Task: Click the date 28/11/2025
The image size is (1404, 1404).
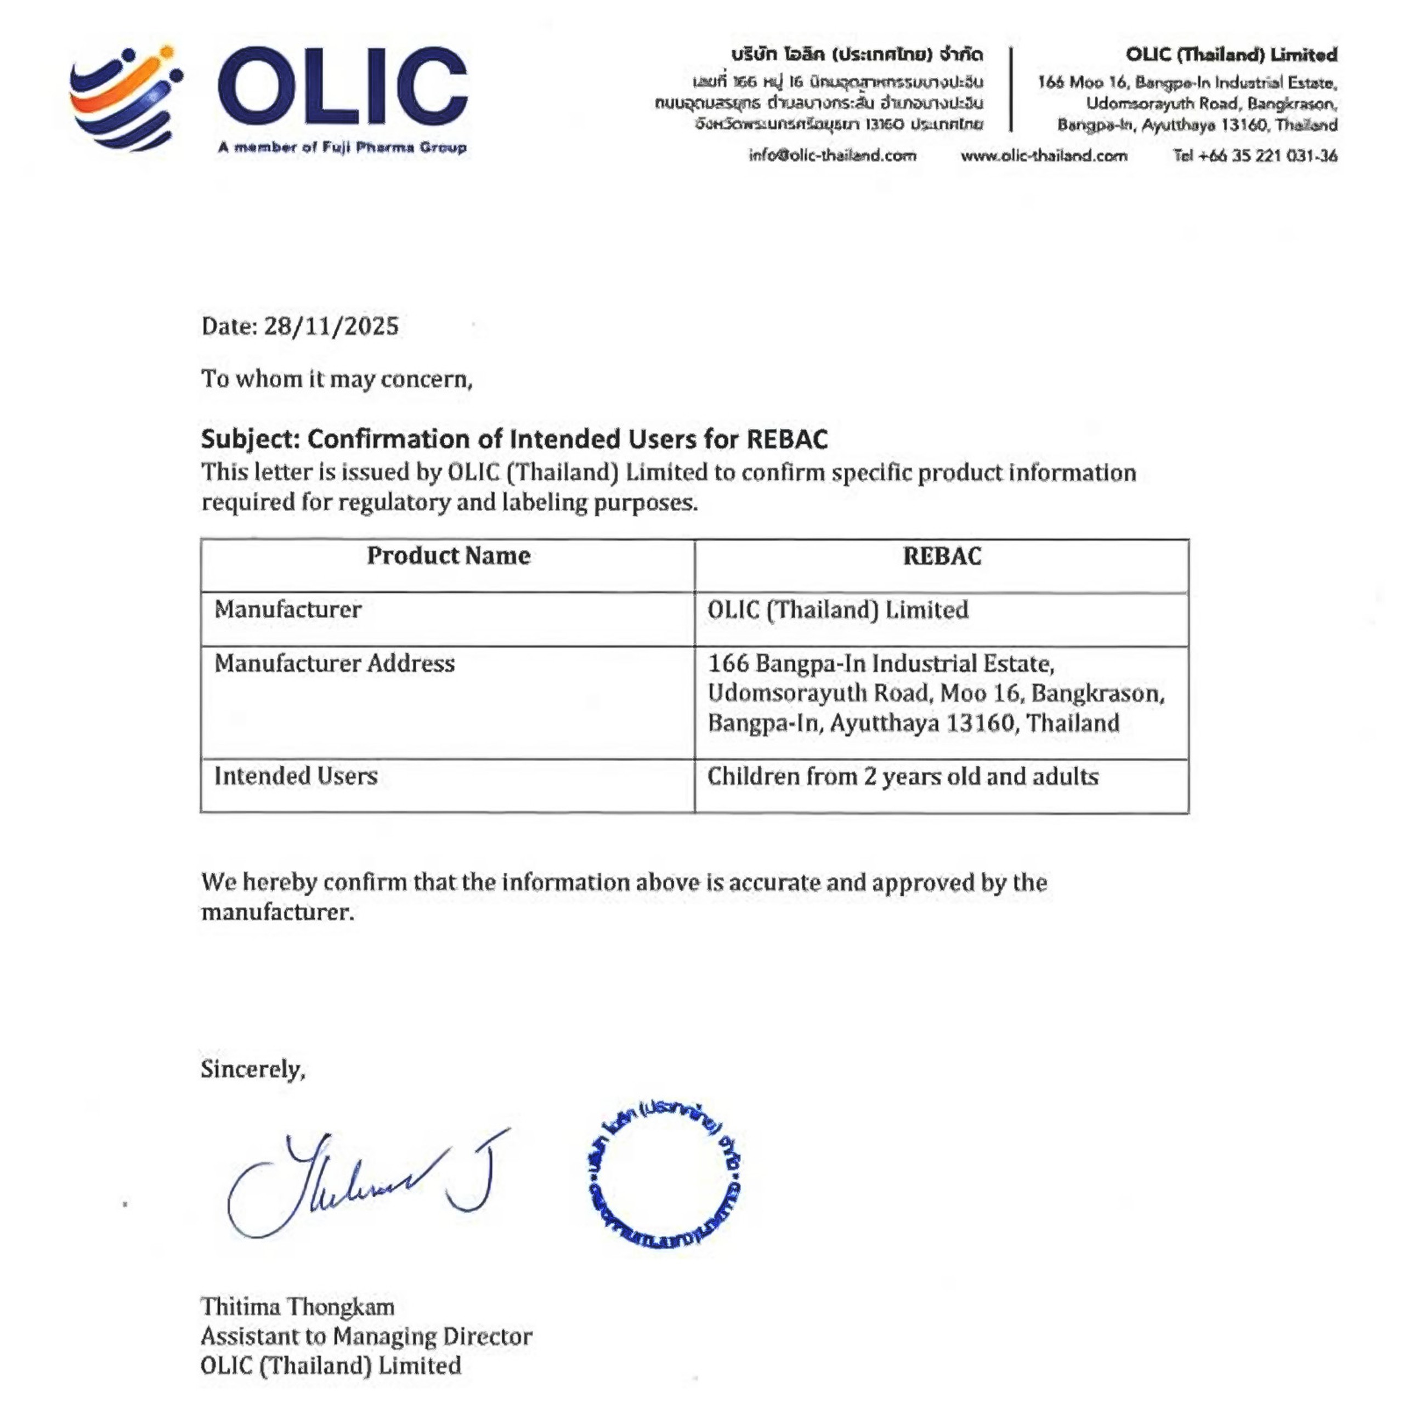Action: pyautogui.click(x=331, y=326)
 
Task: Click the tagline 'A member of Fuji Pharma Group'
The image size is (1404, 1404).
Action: pyautogui.click(x=342, y=148)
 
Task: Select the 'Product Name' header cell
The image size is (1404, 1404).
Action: pyautogui.click(x=449, y=556)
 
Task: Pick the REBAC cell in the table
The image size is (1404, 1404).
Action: pyautogui.click(x=942, y=557)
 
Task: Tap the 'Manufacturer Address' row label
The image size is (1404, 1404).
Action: pyautogui.click(x=335, y=664)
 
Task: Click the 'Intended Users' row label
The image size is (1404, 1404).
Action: pyautogui.click(x=296, y=776)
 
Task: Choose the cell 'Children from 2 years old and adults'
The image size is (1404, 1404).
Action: pyautogui.click(x=903, y=777)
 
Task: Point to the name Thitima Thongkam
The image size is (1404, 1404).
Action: pyautogui.click(x=298, y=1306)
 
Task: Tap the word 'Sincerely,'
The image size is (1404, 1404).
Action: pyautogui.click(x=253, y=1069)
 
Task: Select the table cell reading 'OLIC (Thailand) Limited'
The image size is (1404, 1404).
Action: pyautogui.click(x=838, y=610)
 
